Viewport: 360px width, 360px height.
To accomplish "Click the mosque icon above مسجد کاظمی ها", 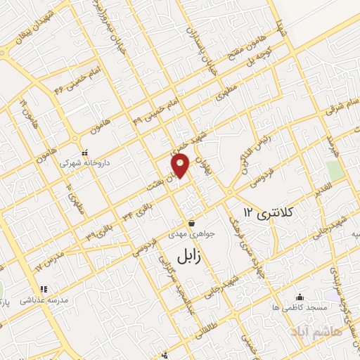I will pyautogui.click(x=300, y=297).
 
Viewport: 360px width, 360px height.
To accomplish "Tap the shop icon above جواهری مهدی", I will pyautogui.click(x=191, y=223).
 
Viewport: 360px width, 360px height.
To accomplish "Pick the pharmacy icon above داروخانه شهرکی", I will pyautogui.click(x=84, y=153).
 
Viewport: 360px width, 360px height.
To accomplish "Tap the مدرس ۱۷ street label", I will pyautogui.click(x=49, y=264).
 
